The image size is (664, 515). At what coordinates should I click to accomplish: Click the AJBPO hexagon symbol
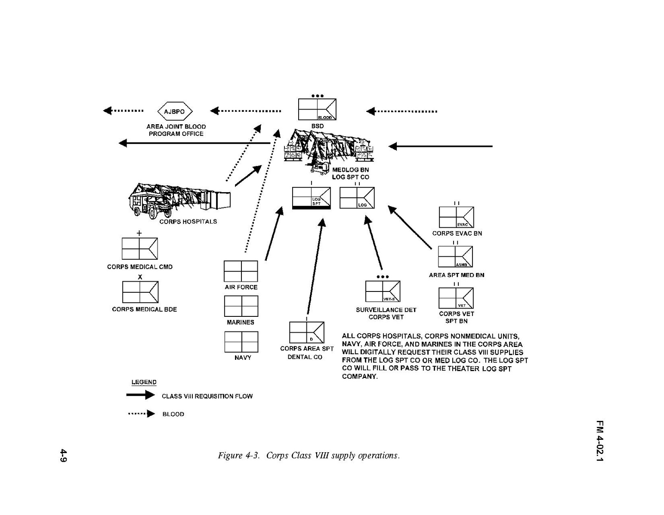click(174, 112)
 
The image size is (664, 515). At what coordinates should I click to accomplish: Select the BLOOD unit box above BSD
click(317, 110)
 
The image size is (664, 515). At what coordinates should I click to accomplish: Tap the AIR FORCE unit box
click(241, 271)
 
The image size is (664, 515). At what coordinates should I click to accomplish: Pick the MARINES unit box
click(241, 306)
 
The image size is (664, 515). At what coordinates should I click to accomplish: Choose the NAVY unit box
click(241, 342)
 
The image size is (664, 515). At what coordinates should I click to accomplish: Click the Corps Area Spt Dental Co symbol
click(306, 333)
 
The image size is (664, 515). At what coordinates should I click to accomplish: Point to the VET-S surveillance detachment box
click(383, 291)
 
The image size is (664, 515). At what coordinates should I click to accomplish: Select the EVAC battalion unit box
click(456, 218)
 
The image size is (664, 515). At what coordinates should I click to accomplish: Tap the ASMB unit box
click(455, 257)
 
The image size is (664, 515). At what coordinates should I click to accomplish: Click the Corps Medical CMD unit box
click(139, 249)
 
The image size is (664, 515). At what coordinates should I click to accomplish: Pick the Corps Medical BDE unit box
click(140, 292)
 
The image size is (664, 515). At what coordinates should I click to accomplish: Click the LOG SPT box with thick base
click(311, 198)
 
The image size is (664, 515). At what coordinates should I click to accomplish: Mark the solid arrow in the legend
click(140, 395)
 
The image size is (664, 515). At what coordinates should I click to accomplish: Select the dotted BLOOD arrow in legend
click(141, 414)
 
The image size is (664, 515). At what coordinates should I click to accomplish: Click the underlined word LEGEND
click(144, 382)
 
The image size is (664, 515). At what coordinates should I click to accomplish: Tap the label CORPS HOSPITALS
click(188, 222)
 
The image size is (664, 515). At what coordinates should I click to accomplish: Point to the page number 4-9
click(63, 456)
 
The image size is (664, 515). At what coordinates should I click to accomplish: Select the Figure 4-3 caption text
click(309, 456)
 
